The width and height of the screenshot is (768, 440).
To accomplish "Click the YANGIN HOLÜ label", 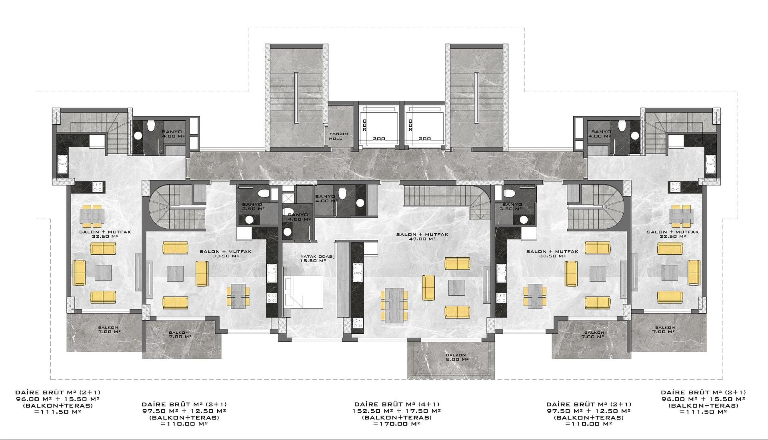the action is (338, 136).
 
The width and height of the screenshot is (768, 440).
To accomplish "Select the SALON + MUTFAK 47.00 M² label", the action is (422, 237).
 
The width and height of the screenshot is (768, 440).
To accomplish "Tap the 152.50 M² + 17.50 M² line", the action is (396, 411).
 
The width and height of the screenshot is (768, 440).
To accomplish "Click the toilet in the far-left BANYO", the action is (150, 126).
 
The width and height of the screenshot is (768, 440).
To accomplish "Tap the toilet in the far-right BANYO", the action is (622, 126).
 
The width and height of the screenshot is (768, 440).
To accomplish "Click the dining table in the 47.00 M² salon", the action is (394, 305).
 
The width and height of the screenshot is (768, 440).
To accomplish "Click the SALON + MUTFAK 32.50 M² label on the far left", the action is (105, 234).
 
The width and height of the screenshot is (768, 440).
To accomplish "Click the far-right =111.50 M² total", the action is (703, 412).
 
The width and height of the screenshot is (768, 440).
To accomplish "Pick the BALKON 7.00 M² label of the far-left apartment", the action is (109, 329).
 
